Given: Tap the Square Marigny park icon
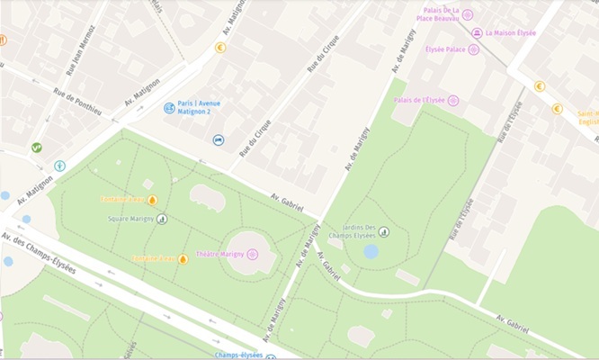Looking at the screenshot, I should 162,219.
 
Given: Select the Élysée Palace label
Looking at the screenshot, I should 445,49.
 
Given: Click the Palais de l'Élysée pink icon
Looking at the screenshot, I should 453,100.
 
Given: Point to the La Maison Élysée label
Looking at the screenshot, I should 510,33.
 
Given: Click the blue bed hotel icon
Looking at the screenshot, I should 219,140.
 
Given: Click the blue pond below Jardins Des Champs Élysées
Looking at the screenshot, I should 371,251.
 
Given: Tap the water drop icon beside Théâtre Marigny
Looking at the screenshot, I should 183,259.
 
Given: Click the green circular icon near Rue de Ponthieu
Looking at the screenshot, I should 36,148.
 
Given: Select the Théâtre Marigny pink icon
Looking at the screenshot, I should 253,255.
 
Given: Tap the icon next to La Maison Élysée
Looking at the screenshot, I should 476,33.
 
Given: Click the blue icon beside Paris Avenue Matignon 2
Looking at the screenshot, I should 168,108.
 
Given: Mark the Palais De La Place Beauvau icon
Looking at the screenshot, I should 467,14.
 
